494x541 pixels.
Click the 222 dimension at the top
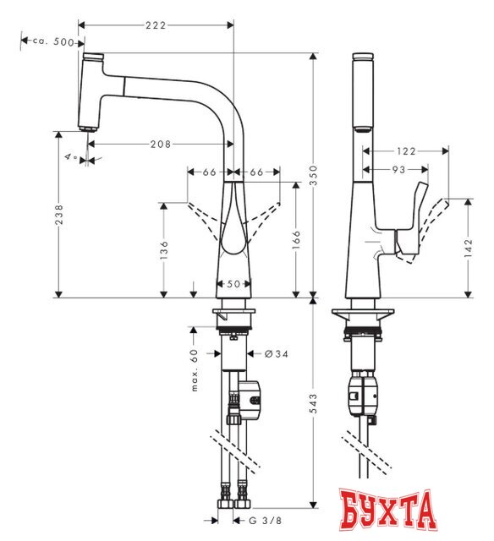[155, 26]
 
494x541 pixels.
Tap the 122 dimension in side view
[407, 151]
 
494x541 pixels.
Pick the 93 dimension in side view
[395, 169]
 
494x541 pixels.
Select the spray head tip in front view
[86, 127]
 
